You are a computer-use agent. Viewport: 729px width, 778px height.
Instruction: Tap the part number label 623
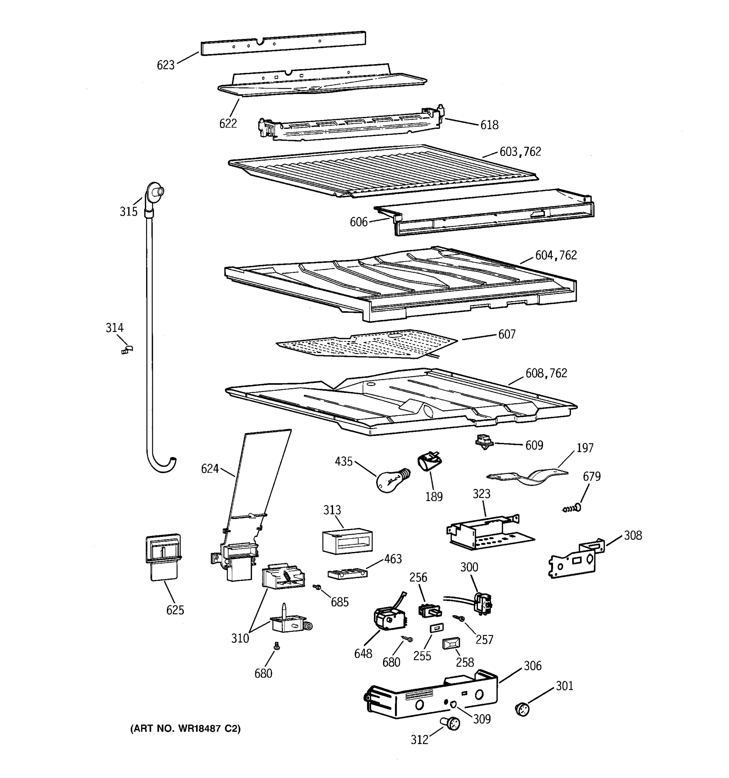pyautogui.click(x=166, y=65)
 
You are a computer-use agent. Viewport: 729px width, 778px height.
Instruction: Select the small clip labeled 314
pyautogui.click(x=127, y=349)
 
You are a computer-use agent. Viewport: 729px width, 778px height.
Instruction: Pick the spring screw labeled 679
pyautogui.click(x=572, y=508)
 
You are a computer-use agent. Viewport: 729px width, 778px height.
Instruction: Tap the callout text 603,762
pyautogui.click(x=520, y=151)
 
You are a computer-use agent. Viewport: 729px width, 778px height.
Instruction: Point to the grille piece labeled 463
pyautogui.click(x=347, y=574)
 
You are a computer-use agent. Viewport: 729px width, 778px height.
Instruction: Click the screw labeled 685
pyautogui.click(x=317, y=587)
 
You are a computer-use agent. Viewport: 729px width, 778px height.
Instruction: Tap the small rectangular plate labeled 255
pyautogui.click(x=436, y=628)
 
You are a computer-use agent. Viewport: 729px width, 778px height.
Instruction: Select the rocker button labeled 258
pyautogui.click(x=451, y=643)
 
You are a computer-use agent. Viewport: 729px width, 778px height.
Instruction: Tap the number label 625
pyautogui.click(x=175, y=610)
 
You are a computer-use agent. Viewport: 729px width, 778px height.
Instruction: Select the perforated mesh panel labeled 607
pyautogui.click(x=366, y=344)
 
